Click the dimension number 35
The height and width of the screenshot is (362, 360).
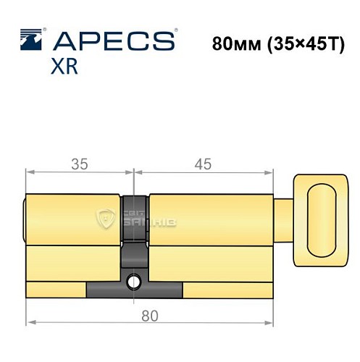pos(80,164)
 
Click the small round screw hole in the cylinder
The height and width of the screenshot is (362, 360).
pos(133,281)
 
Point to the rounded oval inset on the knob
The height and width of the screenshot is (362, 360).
pos(322,217)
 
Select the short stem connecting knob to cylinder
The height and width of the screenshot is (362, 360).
pos(284,213)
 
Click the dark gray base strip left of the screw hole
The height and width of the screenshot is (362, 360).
pos(105,289)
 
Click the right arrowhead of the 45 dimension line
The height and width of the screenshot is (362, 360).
pos(272,173)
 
